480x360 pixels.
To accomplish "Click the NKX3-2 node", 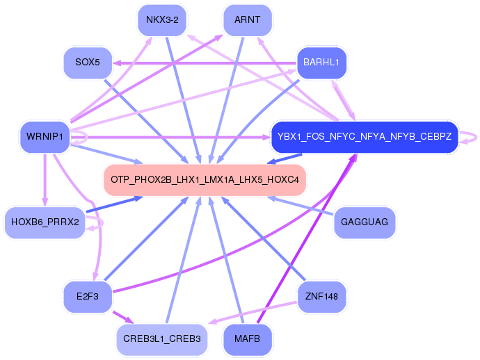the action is [162, 20].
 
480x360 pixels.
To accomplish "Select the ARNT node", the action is [248, 20].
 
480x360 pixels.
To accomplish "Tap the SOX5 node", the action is [88, 63].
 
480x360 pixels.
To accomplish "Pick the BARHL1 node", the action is [321, 63].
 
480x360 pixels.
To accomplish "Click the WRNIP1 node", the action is [45, 137].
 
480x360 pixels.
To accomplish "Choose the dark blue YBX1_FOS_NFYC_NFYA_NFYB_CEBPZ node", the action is [365, 137].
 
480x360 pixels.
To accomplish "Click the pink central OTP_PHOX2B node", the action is [205, 180].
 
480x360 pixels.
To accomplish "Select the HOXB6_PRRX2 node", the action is [45, 222].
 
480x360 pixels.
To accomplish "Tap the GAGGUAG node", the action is [365, 222].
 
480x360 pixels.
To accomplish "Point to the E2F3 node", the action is [88, 297].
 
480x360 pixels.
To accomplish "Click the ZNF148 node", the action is [321, 297].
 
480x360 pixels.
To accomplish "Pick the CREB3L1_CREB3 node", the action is [162, 339].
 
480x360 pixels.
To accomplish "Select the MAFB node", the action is [248, 339].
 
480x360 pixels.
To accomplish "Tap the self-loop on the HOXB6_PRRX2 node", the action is [102, 222].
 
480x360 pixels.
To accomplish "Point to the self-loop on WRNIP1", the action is [87, 137].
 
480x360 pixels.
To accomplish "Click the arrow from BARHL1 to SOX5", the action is [205, 63].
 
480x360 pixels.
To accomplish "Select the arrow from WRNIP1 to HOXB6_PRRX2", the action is [45, 180].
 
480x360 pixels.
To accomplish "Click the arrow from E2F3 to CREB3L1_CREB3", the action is [123, 318].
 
